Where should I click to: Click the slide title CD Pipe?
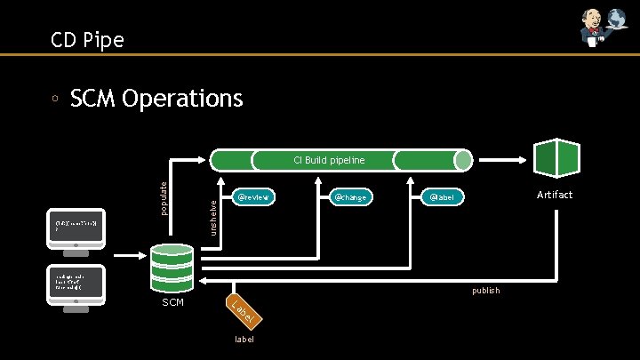pos(87,39)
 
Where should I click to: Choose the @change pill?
pos(350,196)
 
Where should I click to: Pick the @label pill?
pos(443,196)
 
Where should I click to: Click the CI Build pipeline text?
pos(329,160)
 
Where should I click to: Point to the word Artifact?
pos(555,195)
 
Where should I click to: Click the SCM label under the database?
pos(173,303)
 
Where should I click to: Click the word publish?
pos(485,291)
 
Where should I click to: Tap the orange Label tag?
pos(242,309)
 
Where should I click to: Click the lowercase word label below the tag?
pos(244,339)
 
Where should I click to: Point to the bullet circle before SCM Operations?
pos(55,99)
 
